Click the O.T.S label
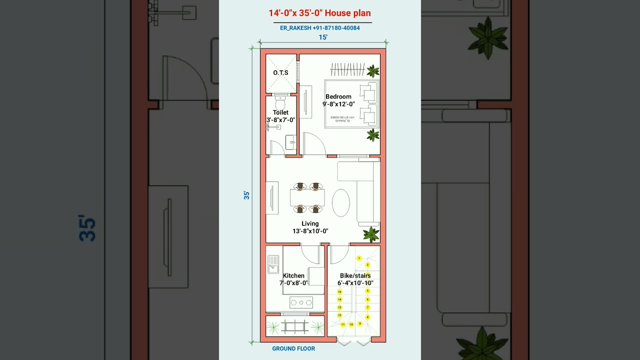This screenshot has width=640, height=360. pos(280,73)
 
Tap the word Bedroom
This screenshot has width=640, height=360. pos(338,96)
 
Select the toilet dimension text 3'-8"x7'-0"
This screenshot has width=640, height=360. pos(280,120)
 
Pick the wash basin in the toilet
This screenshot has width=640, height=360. pos(291,142)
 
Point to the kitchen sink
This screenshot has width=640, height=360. pos(273,264)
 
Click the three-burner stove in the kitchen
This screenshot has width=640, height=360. pos(301,302)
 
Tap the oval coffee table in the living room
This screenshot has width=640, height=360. pos(341,202)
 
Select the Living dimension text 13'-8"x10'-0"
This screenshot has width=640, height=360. pos(310,231)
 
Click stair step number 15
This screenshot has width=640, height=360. pos(339,291)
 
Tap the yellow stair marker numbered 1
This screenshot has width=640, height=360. pos(359,258)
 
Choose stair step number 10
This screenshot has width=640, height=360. pos(351,324)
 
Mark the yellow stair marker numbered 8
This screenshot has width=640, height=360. pos(367,317)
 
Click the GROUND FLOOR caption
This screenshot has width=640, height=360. pos(293,348)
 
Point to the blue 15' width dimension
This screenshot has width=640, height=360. pos(323,37)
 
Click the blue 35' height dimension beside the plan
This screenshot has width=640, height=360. pos(246,195)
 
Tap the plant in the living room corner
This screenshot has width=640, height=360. pos(371,234)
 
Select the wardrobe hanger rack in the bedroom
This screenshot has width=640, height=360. pos(347,69)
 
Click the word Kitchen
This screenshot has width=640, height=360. pos(293,275)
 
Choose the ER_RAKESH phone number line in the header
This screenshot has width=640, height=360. pos(320,28)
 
